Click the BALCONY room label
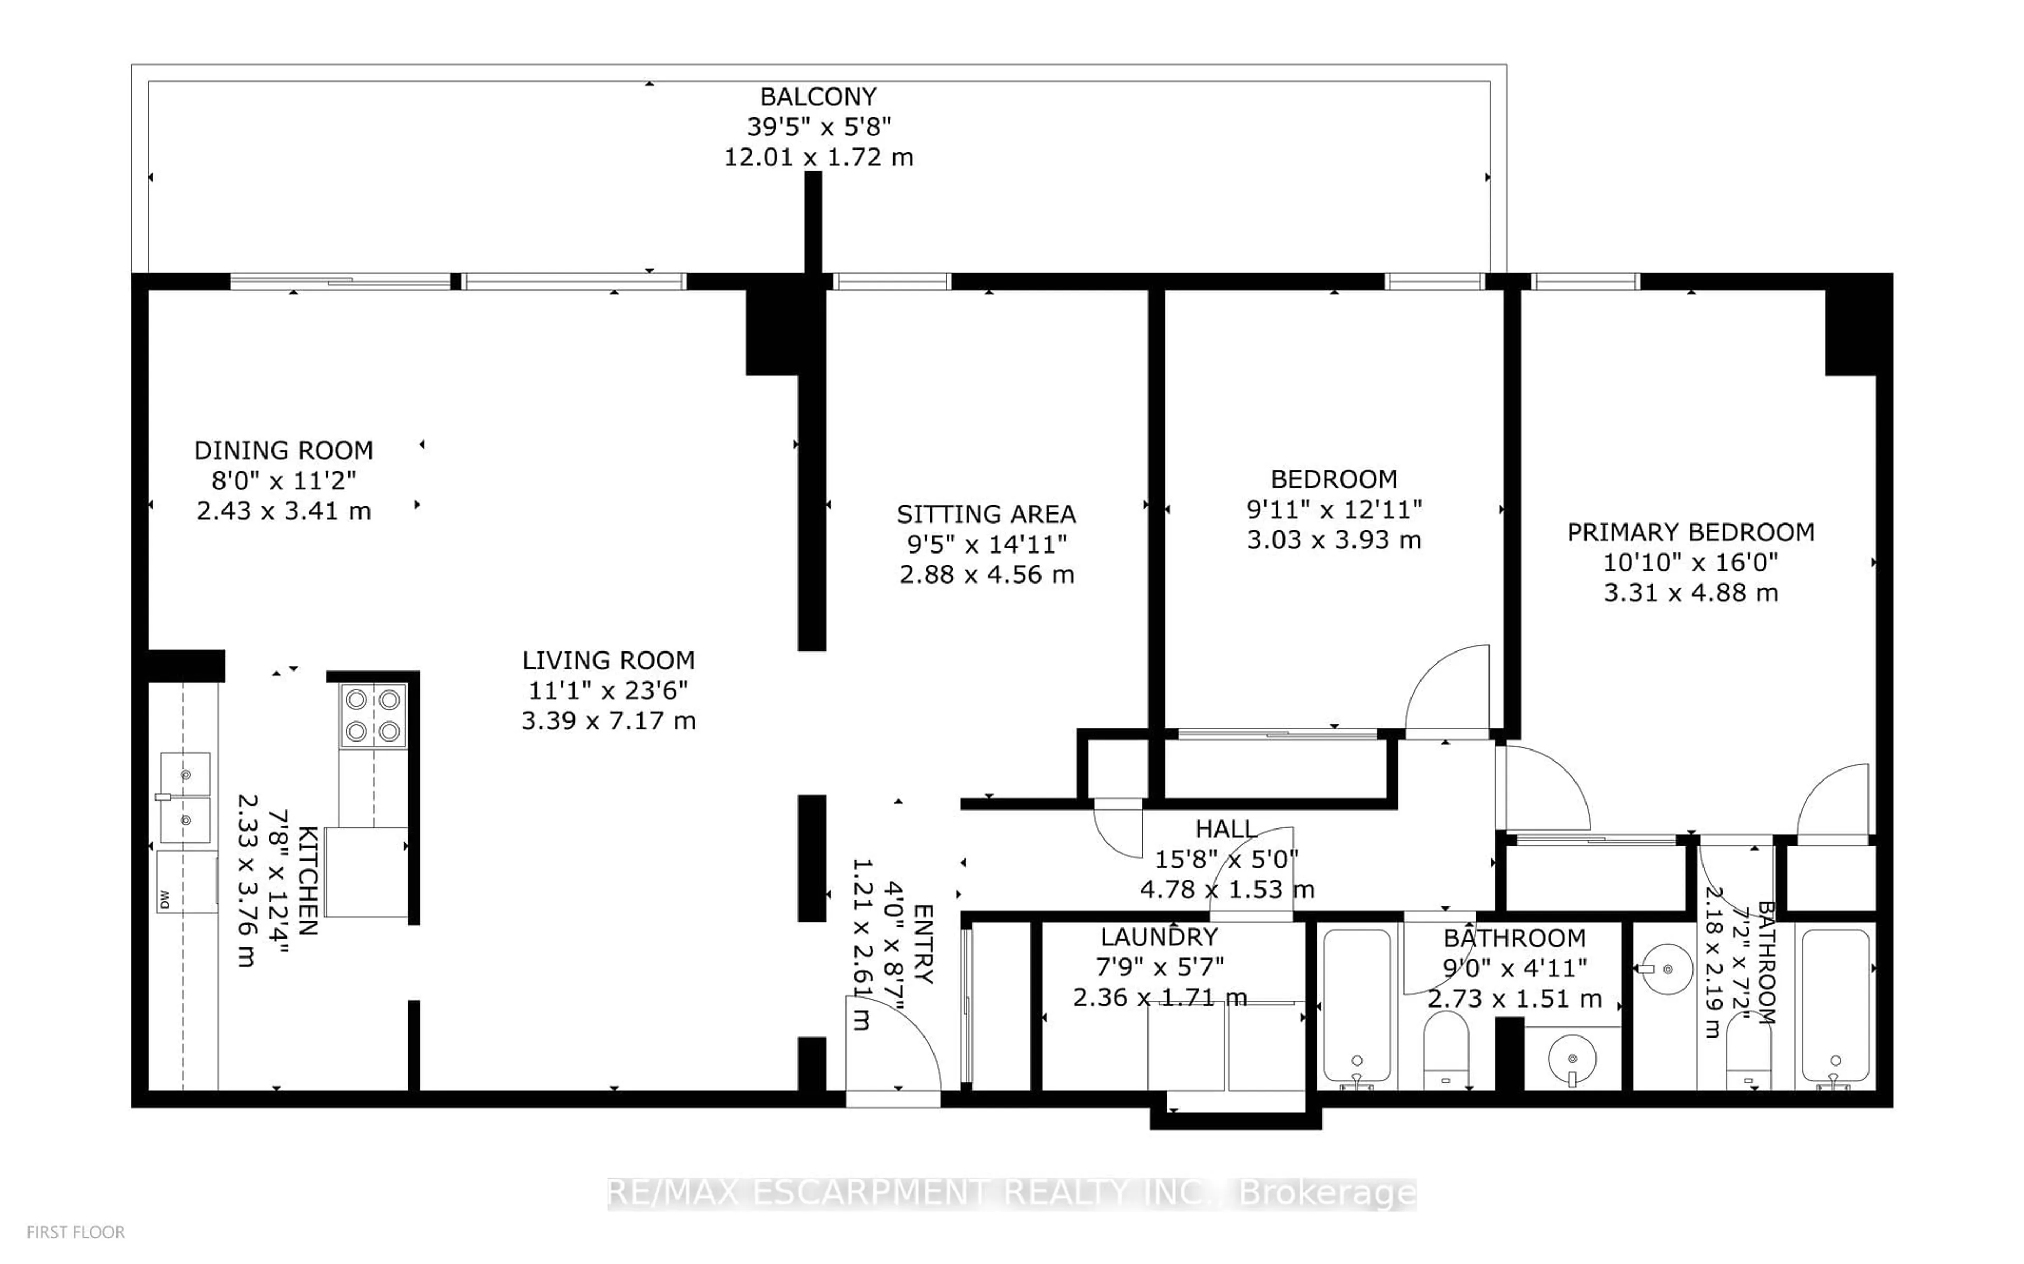point(818,97)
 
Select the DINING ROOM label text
point(284,451)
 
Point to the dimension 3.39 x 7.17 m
point(609,720)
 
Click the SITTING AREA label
point(986,514)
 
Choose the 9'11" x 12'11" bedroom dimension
point(1334,509)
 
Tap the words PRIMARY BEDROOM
point(1690,532)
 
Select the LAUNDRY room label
point(1159,937)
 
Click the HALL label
point(1226,829)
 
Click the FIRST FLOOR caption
point(75,1232)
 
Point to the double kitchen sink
point(186,797)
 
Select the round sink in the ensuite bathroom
point(1666,970)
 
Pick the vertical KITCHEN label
point(307,880)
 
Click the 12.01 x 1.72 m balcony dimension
point(818,157)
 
